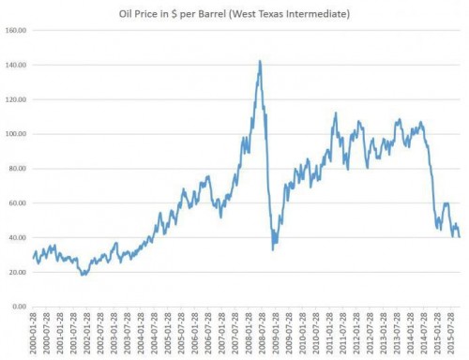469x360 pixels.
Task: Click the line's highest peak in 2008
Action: [x=259, y=61]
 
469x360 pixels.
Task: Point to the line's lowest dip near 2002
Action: [x=83, y=275]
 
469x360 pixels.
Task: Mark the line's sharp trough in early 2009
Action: [x=273, y=249]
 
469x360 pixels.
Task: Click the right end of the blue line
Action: [x=460, y=237]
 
